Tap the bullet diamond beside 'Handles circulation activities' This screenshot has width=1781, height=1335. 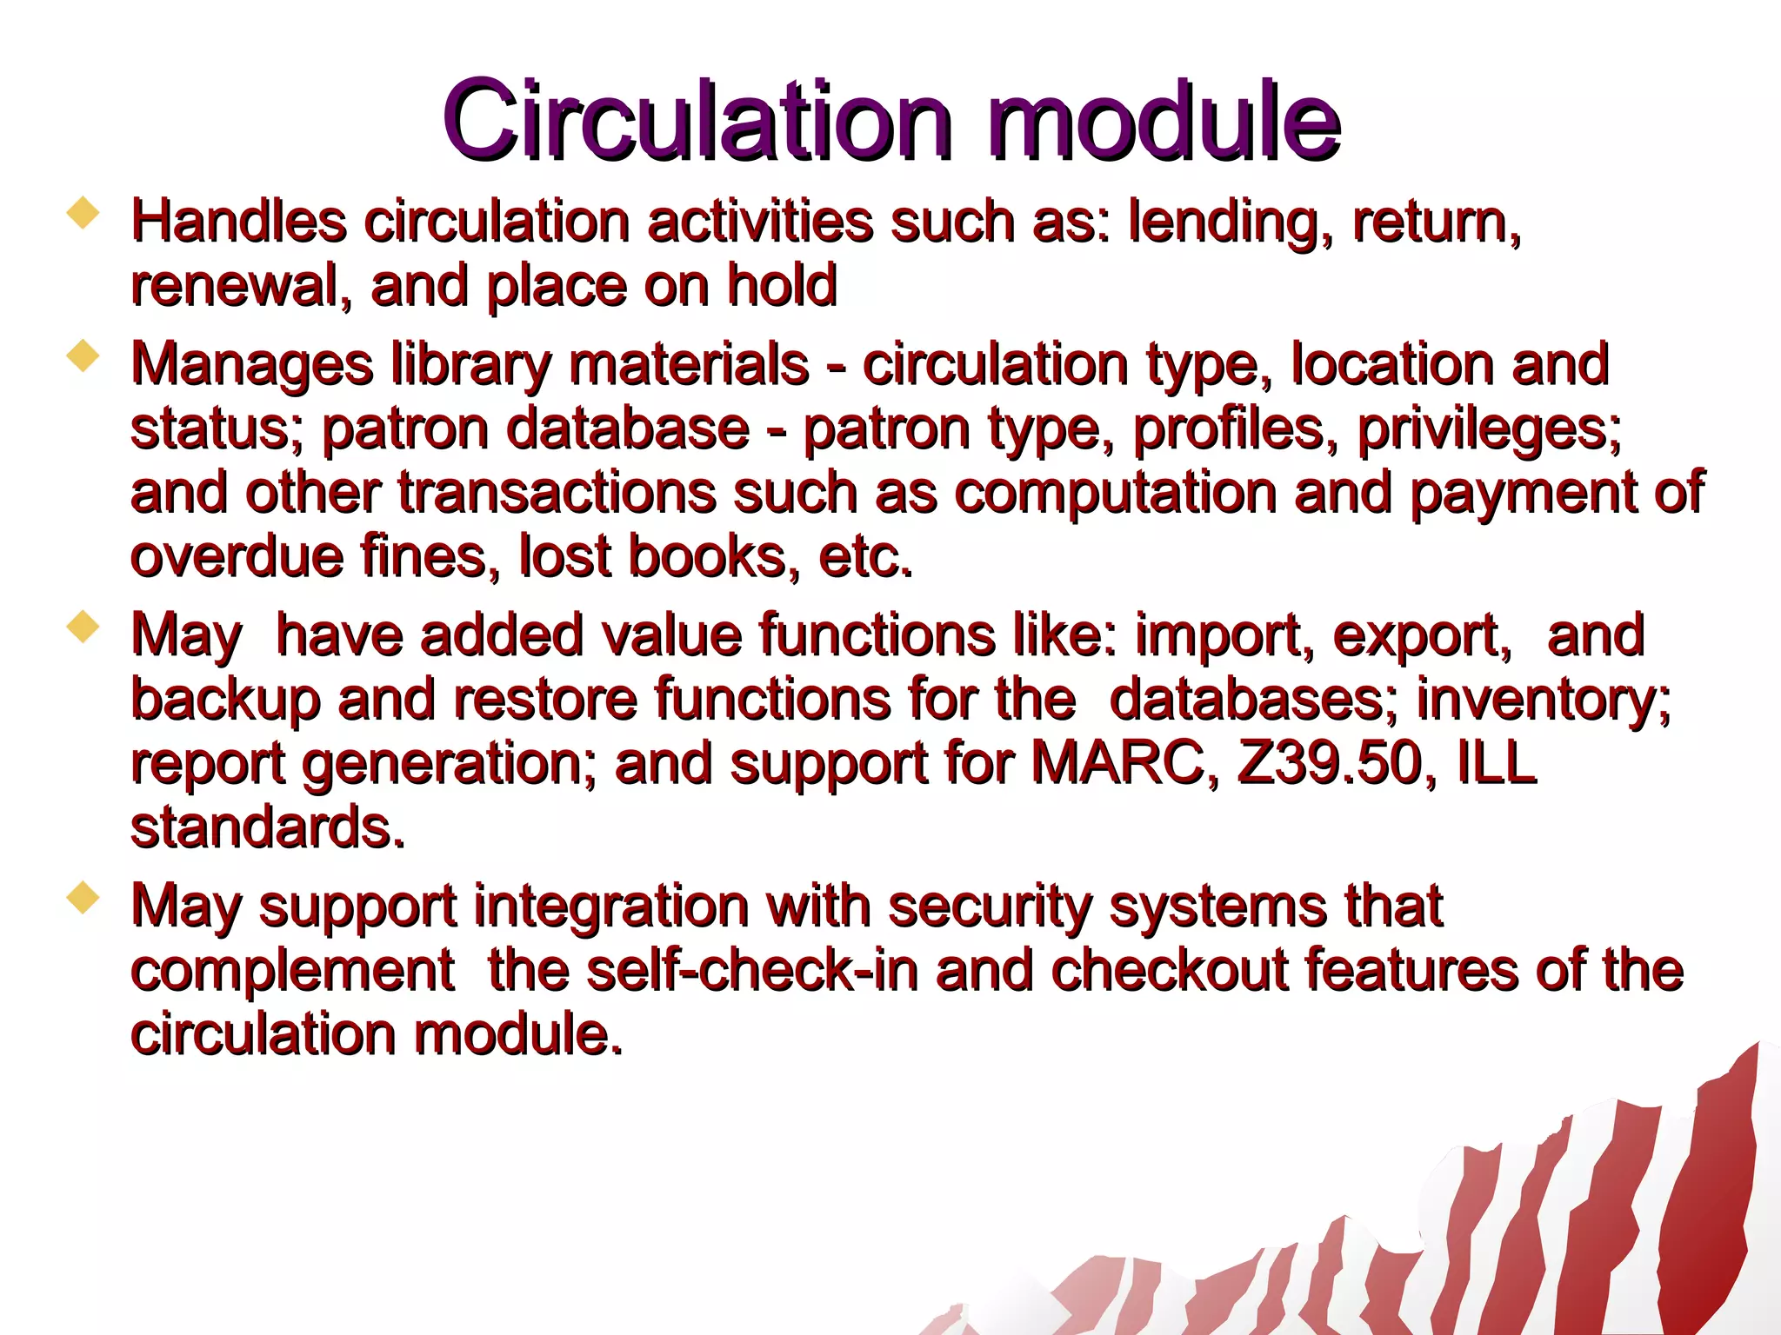pyautogui.click(x=83, y=212)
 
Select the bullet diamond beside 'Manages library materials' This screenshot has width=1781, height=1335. pyautogui.click(x=83, y=355)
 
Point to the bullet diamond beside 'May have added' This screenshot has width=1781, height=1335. pyautogui.click(x=83, y=627)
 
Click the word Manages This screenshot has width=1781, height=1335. pyautogui.click(x=251, y=365)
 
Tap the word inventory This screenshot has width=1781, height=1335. pyautogui.click(x=1543, y=700)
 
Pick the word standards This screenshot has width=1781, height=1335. pyautogui.click(x=268, y=827)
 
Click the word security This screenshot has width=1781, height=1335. pyautogui.click(x=990, y=907)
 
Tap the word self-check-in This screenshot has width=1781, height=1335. pyautogui.click(x=752, y=970)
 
